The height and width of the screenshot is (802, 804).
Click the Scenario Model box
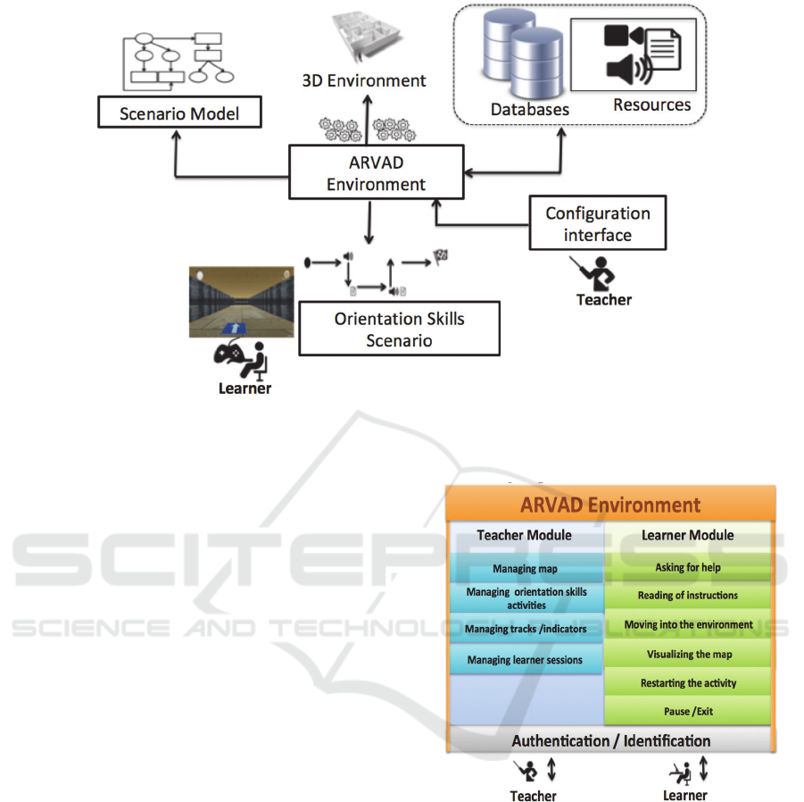tap(179, 113)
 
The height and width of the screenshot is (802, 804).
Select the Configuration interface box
tap(597, 223)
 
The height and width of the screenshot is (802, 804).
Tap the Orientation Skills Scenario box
tap(399, 330)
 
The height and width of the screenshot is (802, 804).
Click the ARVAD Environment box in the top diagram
tap(376, 173)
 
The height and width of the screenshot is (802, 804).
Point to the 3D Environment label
tap(362, 80)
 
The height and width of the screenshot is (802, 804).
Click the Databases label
tap(530, 110)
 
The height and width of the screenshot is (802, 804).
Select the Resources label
tap(651, 104)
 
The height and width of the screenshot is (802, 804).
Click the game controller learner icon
tap(236, 358)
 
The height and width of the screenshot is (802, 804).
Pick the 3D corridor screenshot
tap(241, 301)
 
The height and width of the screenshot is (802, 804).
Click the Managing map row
tap(525, 569)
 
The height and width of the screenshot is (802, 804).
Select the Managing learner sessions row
tap(525, 660)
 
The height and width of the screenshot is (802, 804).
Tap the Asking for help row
tap(688, 567)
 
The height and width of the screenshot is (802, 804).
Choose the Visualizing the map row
tap(688, 654)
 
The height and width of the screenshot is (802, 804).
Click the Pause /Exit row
tap(688, 711)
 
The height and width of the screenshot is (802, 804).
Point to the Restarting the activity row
tap(688, 682)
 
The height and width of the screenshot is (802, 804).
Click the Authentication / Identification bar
tap(610, 740)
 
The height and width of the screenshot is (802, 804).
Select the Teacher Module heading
tap(525, 535)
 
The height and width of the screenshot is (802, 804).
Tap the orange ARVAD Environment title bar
tap(610, 505)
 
